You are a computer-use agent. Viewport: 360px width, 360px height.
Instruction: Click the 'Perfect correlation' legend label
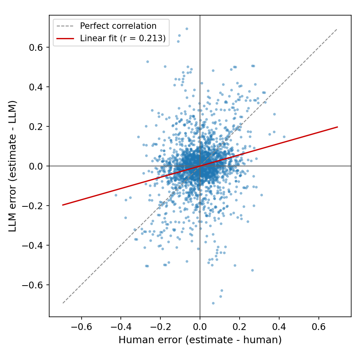[x=118, y=26]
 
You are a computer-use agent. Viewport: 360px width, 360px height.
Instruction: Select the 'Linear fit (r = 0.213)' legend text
[x=123, y=38]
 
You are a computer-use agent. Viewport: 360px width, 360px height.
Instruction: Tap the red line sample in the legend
[x=65, y=38]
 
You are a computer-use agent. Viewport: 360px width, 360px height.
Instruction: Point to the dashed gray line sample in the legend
[x=65, y=26]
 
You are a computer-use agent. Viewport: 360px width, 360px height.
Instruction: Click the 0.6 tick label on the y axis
[x=36, y=48]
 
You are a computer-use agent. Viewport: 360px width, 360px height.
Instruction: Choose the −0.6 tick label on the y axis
[x=32, y=285]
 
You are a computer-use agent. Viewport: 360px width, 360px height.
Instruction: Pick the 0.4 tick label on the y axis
[x=36, y=87]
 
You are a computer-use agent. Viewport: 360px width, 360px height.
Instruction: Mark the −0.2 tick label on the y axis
[x=32, y=206]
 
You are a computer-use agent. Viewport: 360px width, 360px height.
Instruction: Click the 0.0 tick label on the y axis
[x=36, y=166]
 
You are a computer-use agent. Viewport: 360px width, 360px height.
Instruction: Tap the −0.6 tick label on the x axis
[x=81, y=326]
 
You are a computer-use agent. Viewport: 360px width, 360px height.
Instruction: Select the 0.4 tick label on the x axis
[x=279, y=326]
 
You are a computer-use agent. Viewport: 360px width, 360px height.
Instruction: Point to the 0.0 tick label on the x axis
[x=200, y=326]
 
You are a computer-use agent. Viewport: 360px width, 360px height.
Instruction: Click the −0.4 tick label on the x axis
[x=121, y=326]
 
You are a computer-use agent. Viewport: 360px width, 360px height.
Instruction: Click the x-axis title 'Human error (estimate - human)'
[x=200, y=340]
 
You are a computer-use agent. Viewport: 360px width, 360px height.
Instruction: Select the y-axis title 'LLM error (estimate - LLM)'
[x=13, y=166]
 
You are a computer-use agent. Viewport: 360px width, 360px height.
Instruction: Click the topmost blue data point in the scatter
[x=187, y=29]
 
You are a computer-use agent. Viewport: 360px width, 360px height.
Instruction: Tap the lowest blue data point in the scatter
[x=213, y=303]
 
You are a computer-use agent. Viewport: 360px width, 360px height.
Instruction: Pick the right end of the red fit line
[x=338, y=127]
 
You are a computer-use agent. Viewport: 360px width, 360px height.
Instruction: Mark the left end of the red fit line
[x=62, y=205]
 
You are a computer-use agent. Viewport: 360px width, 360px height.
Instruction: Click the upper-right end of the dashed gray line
[x=337, y=29]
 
